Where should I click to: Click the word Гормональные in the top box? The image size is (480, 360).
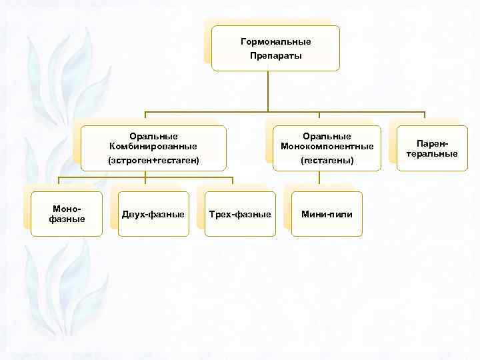click(x=275, y=42)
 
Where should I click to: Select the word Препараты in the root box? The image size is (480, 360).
click(x=275, y=55)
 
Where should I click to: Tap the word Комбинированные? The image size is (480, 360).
click(x=153, y=146)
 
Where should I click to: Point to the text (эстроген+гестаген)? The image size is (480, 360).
click(x=153, y=161)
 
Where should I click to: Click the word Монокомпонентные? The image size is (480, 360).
click(x=327, y=146)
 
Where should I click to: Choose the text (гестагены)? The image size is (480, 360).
click(x=327, y=161)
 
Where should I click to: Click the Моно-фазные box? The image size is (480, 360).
click(x=67, y=214)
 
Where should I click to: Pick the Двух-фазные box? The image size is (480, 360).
click(x=153, y=214)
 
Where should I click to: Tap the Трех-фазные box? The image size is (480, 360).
click(x=240, y=214)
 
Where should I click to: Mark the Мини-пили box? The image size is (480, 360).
click(x=327, y=214)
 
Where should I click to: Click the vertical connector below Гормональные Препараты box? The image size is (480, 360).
click(x=268, y=90)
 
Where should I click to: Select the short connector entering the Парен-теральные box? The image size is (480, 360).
click(x=424, y=118)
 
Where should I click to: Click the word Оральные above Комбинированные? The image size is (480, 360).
click(x=153, y=136)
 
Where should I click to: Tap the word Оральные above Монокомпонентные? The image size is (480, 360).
click(x=327, y=136)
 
